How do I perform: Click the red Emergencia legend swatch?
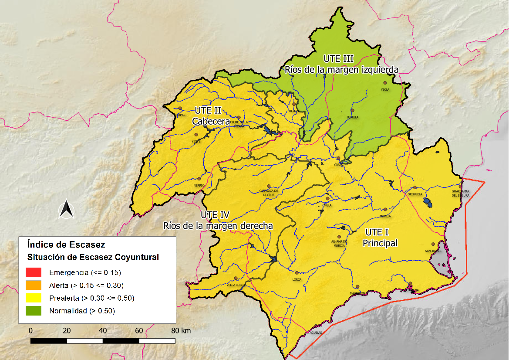(x=34, y=273)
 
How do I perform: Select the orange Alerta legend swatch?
(x=34, y=285)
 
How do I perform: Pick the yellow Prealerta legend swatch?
(x=34, y=298)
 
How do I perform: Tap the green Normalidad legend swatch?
(x=34, y=311)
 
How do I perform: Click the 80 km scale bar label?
(x=181, y=330)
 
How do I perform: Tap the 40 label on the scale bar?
(x=103, y=330)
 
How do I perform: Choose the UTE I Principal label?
(x=380, y=238)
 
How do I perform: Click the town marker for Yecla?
(x=384, y=83)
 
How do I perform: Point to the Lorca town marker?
(x=297, y=273)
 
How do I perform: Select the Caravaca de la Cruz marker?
(x=269, y=186)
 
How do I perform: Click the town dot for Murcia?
(x=384, y=210)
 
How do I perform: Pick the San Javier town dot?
(x=433, y=244)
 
